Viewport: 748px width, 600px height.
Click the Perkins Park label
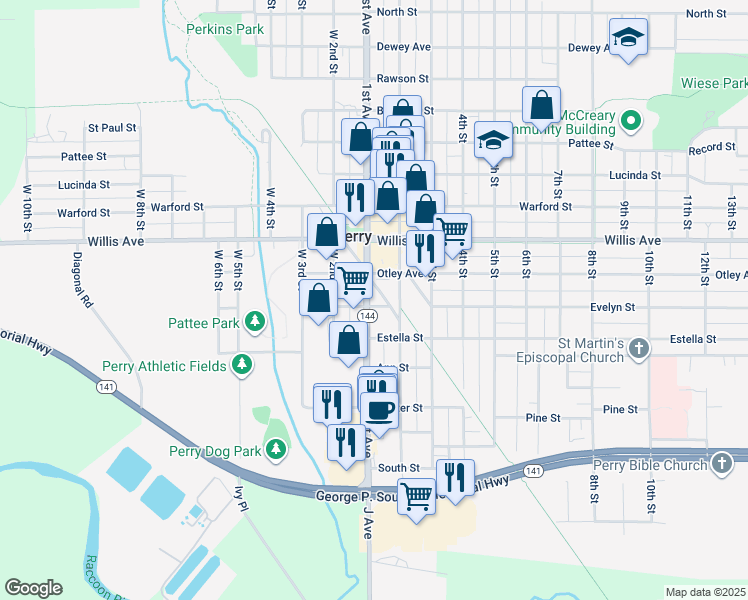tap(225, 29)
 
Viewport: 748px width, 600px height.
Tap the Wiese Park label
tap(713, 84)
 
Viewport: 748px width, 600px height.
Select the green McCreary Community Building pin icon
tap(630, 123)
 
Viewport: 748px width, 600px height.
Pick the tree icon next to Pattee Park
tap(256, 321)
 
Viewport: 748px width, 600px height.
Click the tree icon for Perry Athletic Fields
tap(241, 366)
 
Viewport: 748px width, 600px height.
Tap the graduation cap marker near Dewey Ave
tap(628, 39)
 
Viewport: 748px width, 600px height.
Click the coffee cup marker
tap(379, 408)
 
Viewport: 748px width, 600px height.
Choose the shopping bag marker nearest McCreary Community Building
tap(541, 104)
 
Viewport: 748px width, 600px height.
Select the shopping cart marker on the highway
tap(416, 495)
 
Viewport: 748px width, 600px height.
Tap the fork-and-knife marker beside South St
tap(455, 477)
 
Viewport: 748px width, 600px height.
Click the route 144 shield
tap(368, 315)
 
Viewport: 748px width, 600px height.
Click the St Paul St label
tap(112, 128)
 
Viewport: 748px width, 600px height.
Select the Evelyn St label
tap(613, 307)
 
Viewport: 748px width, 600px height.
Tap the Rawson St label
tap(402, 78)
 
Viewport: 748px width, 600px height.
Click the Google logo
tap(33, 587)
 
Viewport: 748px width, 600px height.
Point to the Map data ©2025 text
tap(705, 591)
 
